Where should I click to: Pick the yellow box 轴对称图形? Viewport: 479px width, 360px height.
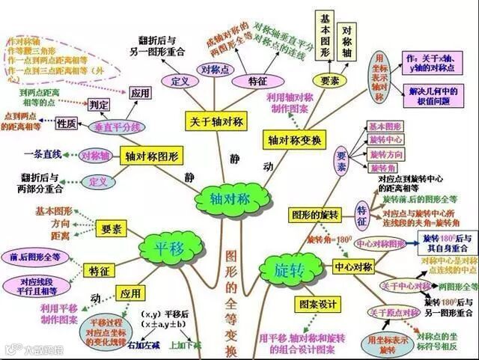click(x=153, y=157)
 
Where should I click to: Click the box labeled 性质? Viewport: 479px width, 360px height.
click(x=67, y=123)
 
